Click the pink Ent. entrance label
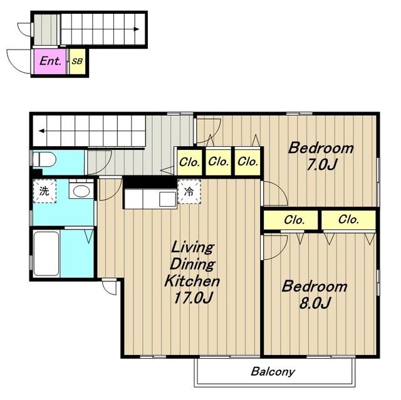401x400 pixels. [50, 61]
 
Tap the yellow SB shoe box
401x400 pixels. [77, 61]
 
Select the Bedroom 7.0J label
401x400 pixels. [321, 156]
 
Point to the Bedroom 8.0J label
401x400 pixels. [315, 294]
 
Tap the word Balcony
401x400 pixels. [273, 372]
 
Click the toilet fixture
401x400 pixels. [44, 159]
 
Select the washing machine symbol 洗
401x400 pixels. [44, 191]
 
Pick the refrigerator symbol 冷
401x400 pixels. [189, 191]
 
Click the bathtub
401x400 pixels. [46, 254]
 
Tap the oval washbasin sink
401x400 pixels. [81, 191]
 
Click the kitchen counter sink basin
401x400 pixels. [167, 199]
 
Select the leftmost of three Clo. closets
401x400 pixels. [189, 162]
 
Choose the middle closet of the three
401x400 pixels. [219, 162]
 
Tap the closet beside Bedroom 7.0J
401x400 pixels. [247, 162]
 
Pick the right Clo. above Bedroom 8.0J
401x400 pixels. [348, 219]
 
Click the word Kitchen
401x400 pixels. [192, 281]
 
